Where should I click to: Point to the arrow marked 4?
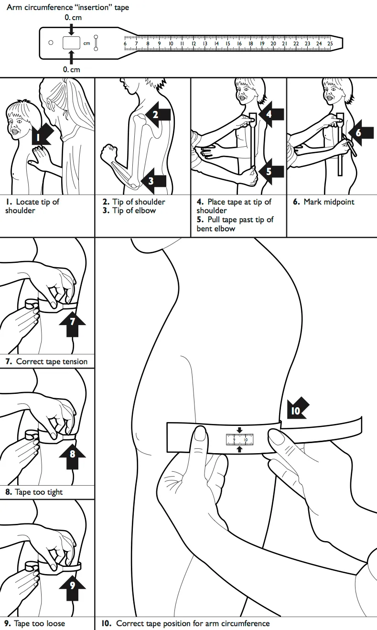pyautogui.click(x=270, y=114)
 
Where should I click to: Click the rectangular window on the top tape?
pyautogui.click(x=71, y=43)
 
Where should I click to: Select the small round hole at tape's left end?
pyautogui.click(x=51, y=43)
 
